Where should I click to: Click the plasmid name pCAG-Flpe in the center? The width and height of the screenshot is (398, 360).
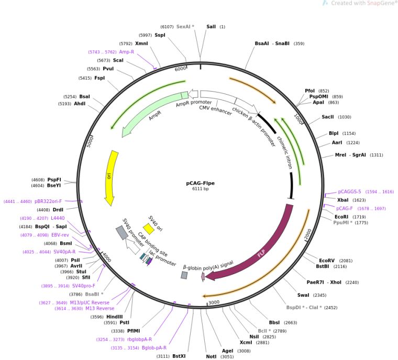(x=200, y=183)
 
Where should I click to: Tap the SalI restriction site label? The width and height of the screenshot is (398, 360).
(x=211, y=26)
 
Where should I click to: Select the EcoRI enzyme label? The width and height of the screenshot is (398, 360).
(x=341, y=216)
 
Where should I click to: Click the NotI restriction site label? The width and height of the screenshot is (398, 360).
(x=211, y=356)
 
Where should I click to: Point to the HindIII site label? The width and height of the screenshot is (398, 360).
(x=115, y=316)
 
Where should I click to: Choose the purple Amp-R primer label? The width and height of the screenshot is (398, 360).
(x=126, y=52)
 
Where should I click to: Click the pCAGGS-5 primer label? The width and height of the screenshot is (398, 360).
(x=349, y=192)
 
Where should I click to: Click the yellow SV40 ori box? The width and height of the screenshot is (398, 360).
(x=149, y=229)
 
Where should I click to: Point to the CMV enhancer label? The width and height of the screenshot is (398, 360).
(x=215, y=108)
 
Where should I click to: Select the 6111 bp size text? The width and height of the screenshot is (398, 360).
(x=200, y=189)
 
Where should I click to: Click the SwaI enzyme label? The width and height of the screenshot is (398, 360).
(x=303, y=296)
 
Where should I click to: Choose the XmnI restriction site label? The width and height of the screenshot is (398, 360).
(x=141, y=43)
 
